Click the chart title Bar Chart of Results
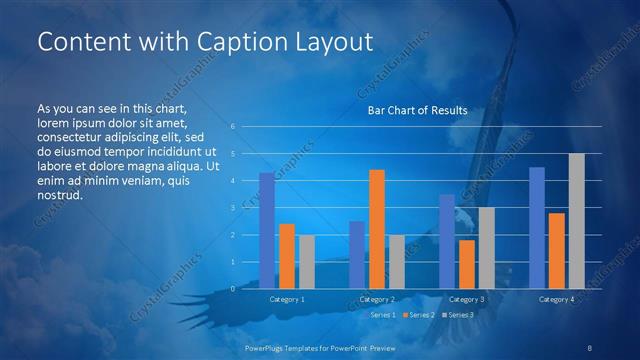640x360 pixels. pyautogui.click(x=418, y=110)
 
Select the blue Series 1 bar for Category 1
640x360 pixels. pyautogui.click(x=267, y=231)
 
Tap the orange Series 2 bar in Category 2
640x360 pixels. pyautogui.click(x=377, y=229)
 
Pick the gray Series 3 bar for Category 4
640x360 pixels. pyautogui.click(x=577, y=221)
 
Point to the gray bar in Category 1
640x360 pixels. pyautogui.click(x=307, y=262)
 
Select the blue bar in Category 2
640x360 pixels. pyautogui.click(x=357, y=255)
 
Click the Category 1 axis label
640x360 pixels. pyautogui.click(x=287, y=299)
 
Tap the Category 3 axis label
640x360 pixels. pyautogui.click(x=467, y=299)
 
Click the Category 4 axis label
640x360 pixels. pyautogui.click(x=557, y=299)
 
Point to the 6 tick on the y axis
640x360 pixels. pyautogui.click(x=233, y=127)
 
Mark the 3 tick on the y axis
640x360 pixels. pyautogui.click(x=233, y=208)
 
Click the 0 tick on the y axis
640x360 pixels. pyautogui.click(x=233, y=289)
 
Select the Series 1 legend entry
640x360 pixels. pyautogui.click(x=383, y=315)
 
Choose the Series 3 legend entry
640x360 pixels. pyautogui.click(x=461, y=315)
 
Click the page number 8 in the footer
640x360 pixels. pyautogui.click(x=590, y=347)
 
